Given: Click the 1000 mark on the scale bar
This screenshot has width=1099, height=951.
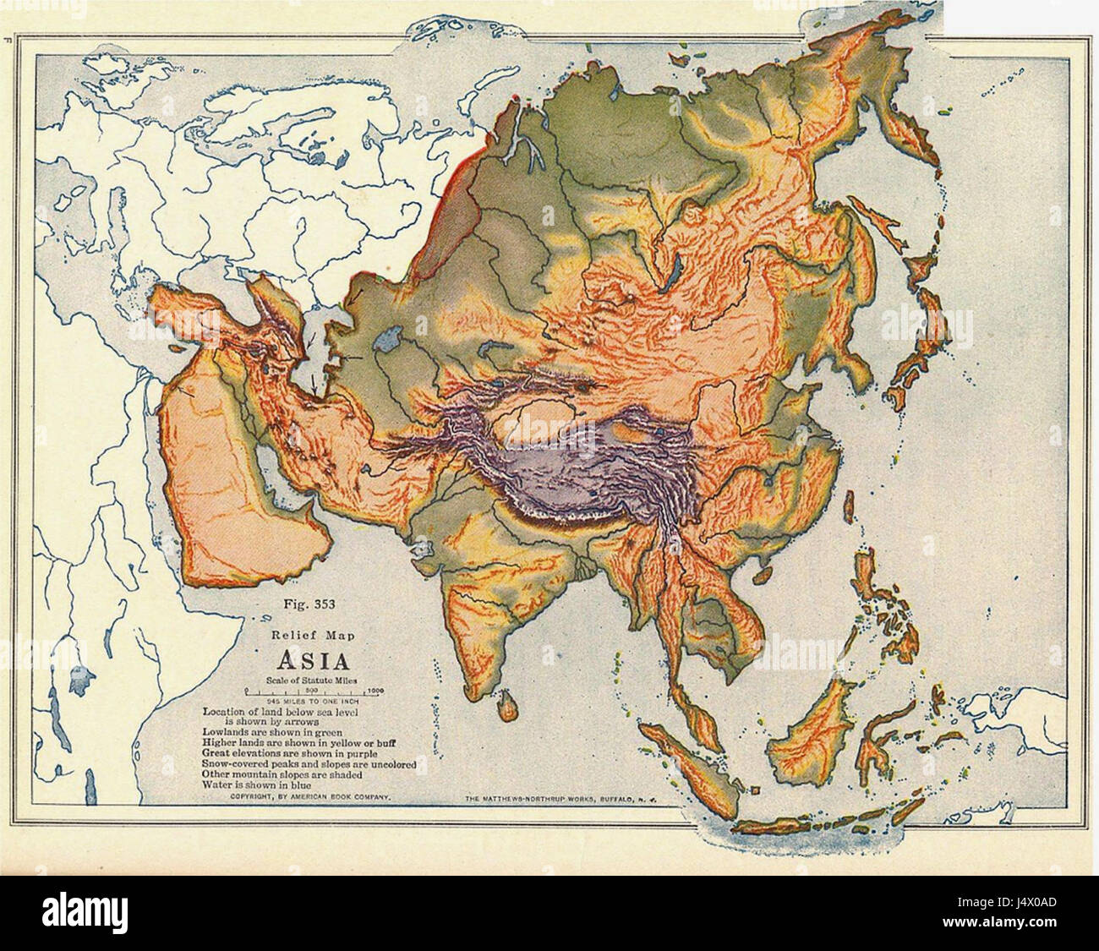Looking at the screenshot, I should pos(376,690).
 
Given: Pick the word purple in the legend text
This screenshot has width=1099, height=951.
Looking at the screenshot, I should pos(358,752).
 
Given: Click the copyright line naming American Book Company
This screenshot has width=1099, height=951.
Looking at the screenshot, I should pos(309,797).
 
